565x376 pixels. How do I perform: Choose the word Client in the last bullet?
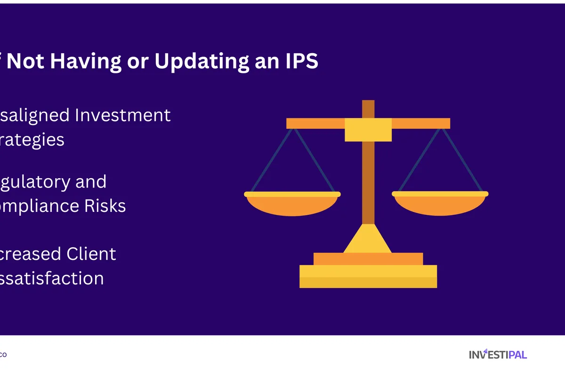(x=91, y=254)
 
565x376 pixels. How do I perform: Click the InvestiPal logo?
(x=498, y=354)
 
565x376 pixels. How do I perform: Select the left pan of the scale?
(x=292, y=203)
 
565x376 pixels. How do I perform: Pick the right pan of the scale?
(x=440, y=203)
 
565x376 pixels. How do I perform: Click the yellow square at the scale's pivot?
(x=368, y=129)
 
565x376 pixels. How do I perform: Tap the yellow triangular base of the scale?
(x=368, y=240)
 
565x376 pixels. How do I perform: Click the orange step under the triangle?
(x=368, y=258)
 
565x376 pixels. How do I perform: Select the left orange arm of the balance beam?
(x=315, y=123)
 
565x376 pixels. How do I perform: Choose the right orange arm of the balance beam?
(x=421, y=123)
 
